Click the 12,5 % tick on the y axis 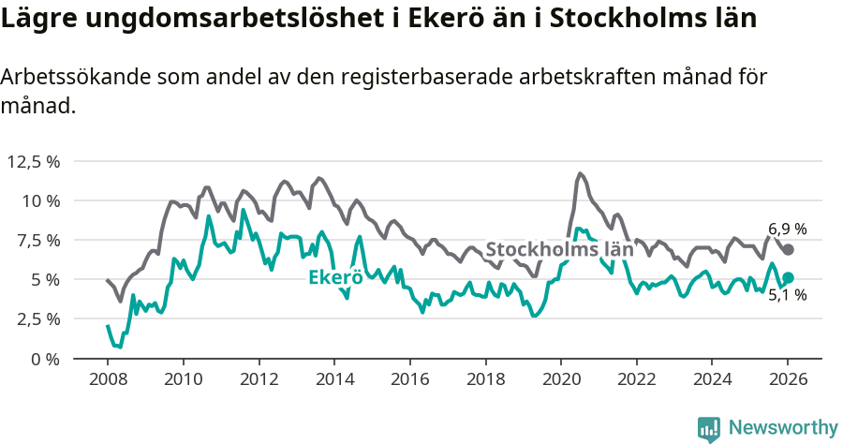[x=34, y=161]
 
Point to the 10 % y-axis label [x=40, y=200]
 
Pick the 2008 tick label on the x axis [x=108, y=380]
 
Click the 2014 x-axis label [x=334, y=380]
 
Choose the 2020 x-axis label [x=561, y=380]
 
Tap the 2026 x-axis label [x=788, y=380]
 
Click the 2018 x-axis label [x=485, y=380]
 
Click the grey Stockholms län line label [x=559, y=249]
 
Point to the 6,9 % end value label [x=787, y=229]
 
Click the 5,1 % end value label [x=787, y=295]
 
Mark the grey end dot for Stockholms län [x=789, y=249]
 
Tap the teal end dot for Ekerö [x=789, y=277]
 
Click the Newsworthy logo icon [x=709, y=428]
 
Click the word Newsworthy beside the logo [x=783, y=428]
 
